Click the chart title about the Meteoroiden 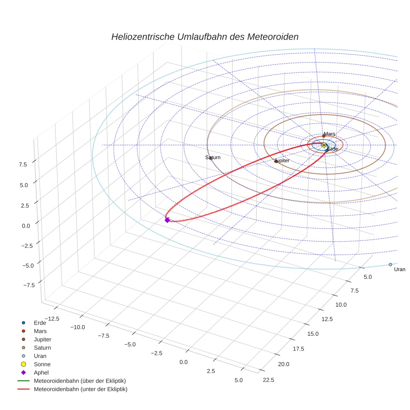coord(205,37)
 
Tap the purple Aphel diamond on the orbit coord(167,220)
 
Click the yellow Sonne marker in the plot coord(324,145)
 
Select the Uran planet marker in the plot coord(390,265)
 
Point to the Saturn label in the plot coord(213,157)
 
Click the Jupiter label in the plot coord(282,160)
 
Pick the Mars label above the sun coord(330,134)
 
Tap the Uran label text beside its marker coord(400,270)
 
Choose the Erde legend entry coord(40,323)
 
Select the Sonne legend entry coord(42,364)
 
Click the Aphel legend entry coord(41,372)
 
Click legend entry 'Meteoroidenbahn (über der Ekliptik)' coord(80,381)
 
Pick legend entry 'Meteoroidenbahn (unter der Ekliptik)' coord(80,389)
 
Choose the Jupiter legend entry coord(42,339)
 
